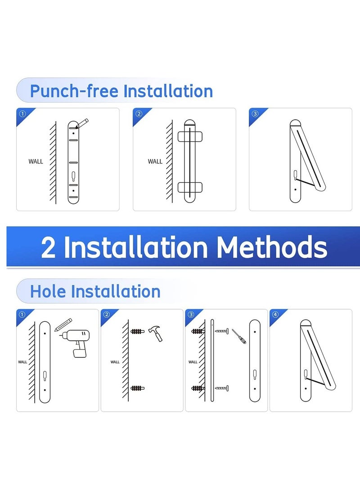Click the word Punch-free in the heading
click(x=75, y=91)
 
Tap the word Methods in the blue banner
click(x=271, y=247)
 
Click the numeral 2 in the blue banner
click(x=49, y=248)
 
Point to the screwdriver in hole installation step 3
click(x=239, y=336)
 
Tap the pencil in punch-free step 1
click(x=83, y=123)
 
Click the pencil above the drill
click(x=64, y=324)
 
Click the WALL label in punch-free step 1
click(x=36, y=161)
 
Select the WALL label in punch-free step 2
click(x=155, y=161)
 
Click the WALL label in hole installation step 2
click(x=115, y=362)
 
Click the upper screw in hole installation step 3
click(x=222, y=331)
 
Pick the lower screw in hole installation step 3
click(x=222, y=387)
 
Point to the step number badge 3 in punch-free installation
click(x=255, y=113)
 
